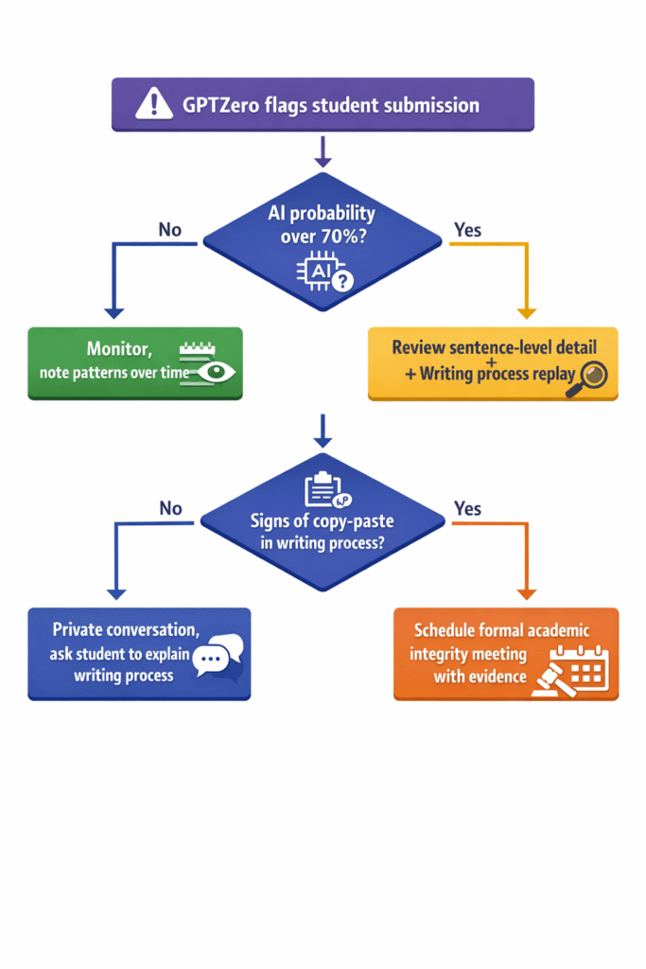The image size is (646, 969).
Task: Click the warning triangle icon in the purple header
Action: pyautogui.click(x=154, y=104)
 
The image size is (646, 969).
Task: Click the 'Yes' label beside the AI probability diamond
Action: pyautogui.click(x=467, y=229)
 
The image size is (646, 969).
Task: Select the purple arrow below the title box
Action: pyautogui.click(x=323, y=151)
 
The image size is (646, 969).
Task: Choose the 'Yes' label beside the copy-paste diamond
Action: pyautogui.click(x=467, y=507)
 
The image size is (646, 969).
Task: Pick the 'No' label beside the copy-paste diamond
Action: pyautogui.click(x=170, y=508)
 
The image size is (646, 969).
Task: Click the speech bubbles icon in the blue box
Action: pyautogui.click(x=218, y=655)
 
